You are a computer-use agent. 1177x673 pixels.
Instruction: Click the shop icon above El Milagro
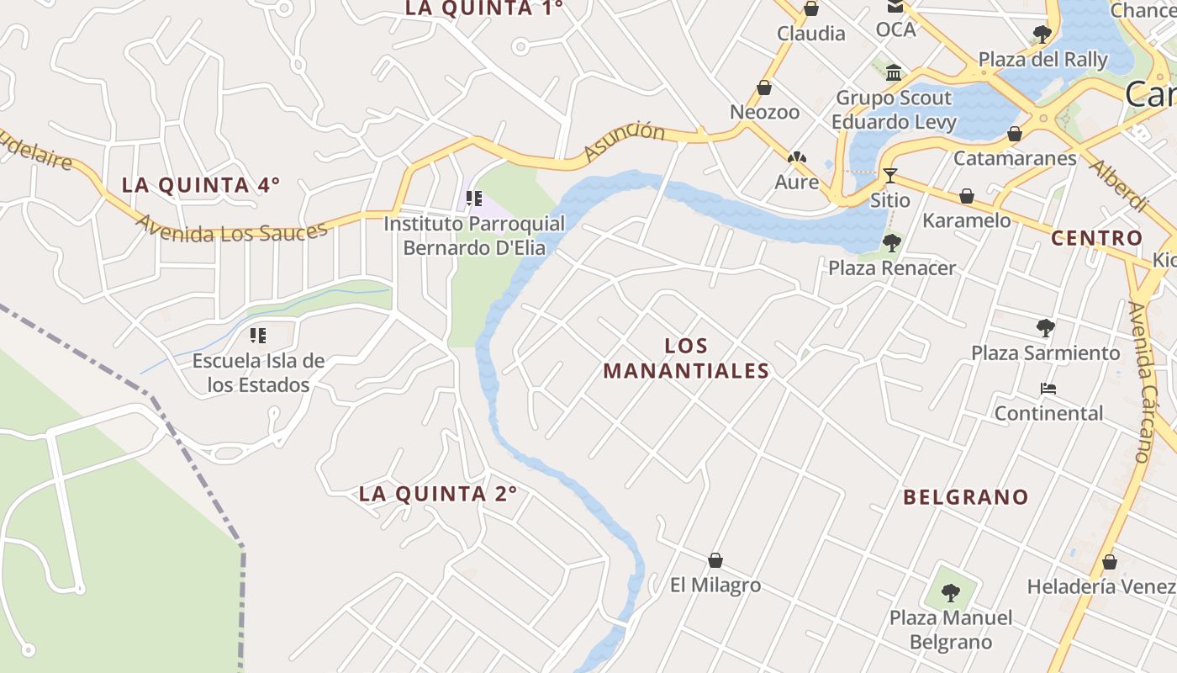pos(715,560)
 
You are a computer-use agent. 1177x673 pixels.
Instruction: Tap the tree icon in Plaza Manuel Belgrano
pos(951,593)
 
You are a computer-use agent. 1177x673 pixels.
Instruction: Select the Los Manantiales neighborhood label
pos(686,358)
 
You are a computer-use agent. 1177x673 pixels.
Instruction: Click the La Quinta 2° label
pos(438,494)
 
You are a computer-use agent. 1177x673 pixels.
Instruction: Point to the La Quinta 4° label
pos(201,185)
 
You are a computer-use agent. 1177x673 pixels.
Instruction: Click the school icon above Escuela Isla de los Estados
pos(258,336)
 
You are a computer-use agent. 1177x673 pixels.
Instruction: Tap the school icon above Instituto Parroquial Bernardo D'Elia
pos(474,199)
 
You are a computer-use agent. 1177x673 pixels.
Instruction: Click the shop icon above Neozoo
pos(764,87)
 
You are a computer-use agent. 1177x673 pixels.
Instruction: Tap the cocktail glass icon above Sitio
pos(889,176)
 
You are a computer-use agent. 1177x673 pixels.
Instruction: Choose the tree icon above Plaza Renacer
pos(892,243)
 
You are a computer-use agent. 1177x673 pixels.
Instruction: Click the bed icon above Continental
pos(1048,389)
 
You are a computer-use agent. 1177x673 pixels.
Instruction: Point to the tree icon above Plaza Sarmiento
pos(1046,327)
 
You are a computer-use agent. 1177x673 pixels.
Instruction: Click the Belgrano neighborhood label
pos(966,497)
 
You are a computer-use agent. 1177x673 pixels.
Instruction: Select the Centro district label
pos(1097,238)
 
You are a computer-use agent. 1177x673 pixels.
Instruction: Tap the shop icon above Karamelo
pos(967,196)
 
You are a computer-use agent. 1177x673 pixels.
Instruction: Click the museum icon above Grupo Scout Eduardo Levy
pos(894,73)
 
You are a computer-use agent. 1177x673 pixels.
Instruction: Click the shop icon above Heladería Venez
pos(1110,562)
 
